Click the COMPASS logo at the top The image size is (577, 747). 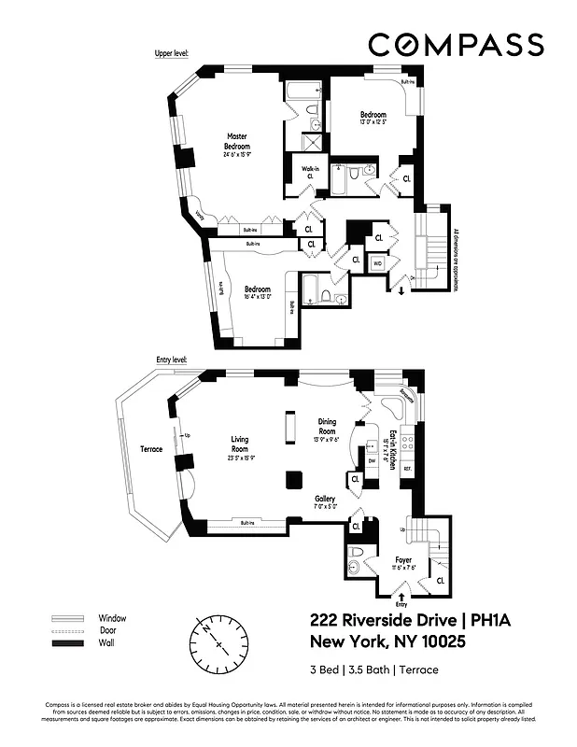pos(455,44)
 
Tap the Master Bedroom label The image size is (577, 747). pos(237,141)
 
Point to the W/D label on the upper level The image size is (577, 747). pos(378,264)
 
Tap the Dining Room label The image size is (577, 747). pos(327,427)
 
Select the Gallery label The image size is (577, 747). pos(324,499)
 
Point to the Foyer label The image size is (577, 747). pos(403,560)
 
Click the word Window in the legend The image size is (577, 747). pos(112,618)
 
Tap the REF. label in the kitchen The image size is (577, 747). pos(407,467)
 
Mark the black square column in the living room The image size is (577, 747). pos(293,480)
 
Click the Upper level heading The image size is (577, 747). pos(172,54)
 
